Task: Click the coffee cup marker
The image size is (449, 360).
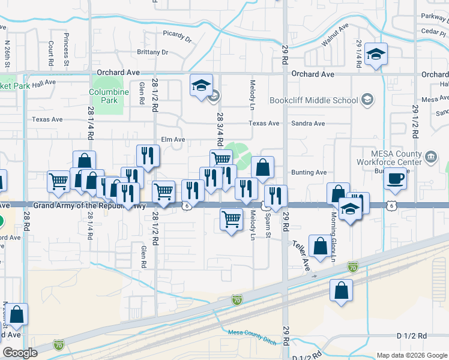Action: (x=396, y=179)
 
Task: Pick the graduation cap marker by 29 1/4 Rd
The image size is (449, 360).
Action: (x=376, y=55)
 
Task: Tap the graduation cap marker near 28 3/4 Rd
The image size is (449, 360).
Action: (x=202, y=85)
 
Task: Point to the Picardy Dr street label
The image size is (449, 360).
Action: (x=176, y=36)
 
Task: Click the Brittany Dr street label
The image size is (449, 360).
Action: (x=152, y=52)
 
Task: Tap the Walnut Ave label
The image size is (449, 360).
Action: (x=335, y=36)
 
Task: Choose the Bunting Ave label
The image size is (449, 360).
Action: (x=309, y=172)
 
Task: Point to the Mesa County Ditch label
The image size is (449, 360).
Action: (x=252, y=337)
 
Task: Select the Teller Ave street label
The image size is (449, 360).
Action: (x=301, y=256)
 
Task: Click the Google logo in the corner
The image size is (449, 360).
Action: (x=20, y=353)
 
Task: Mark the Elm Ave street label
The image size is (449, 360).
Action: (x=172, y=140)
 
